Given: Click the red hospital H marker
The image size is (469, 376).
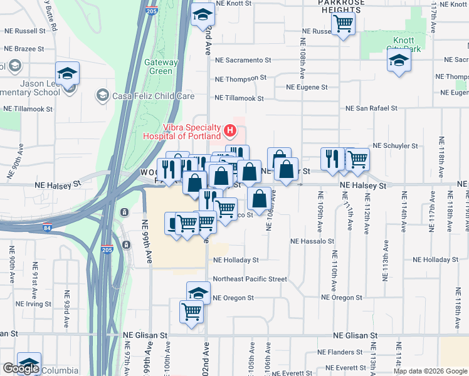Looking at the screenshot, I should pyautogui.click(x=230, y=131).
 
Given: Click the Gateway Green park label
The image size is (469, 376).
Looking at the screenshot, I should pyautogui.click(x=158, y=66).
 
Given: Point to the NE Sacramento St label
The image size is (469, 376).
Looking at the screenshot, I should pyautogui.click(x=243, y=60).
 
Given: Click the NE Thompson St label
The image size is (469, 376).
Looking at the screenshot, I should pyautogui.click(x=241, y=78).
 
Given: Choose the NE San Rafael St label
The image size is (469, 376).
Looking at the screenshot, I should pyautogui.click(x=372, y=108).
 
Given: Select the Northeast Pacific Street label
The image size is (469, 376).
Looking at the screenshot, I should pyautogui.click(x=250, y=279).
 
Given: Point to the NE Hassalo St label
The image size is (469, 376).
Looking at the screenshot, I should pyautogui.click(x=313, y=241).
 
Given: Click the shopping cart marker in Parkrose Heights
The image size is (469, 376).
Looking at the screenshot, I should pyautogui.click(x=343, y=24).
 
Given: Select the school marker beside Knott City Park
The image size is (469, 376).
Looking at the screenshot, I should pyautogui.click(x=398, y=61).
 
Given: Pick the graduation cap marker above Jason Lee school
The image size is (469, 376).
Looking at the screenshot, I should pyautogui.click(x=67, y=73).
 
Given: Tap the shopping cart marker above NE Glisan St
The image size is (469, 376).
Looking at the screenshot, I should pyautogui.click(x=191, y=311).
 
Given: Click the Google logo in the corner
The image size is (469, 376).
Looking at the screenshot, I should pyautogui.click(x=21, y=368).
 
